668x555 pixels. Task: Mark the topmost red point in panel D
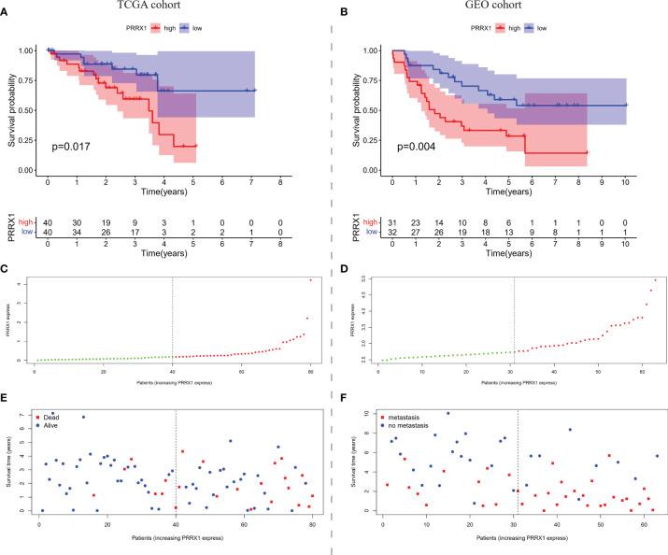point(656,280)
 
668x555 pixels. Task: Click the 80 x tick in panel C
point(309,372)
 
